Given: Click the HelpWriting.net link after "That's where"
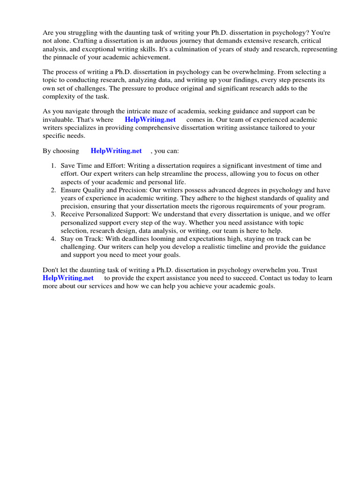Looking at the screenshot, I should (150, 120).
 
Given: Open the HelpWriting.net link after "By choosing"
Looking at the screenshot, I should (116, 151).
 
